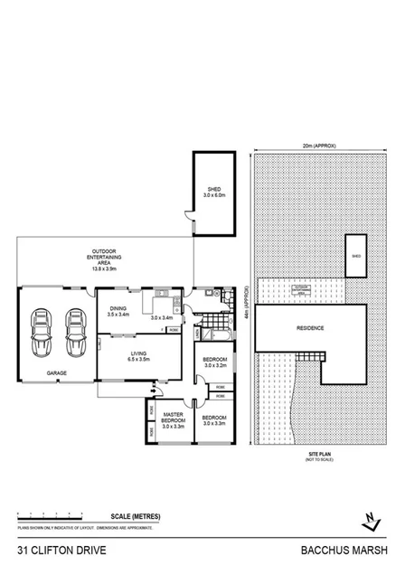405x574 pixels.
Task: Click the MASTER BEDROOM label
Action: click(173, 418)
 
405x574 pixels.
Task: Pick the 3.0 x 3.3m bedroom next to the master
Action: click(215, 420)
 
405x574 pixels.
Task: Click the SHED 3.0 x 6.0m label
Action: click(213, 192)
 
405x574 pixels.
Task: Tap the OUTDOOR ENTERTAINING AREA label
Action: click(108, 259)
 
